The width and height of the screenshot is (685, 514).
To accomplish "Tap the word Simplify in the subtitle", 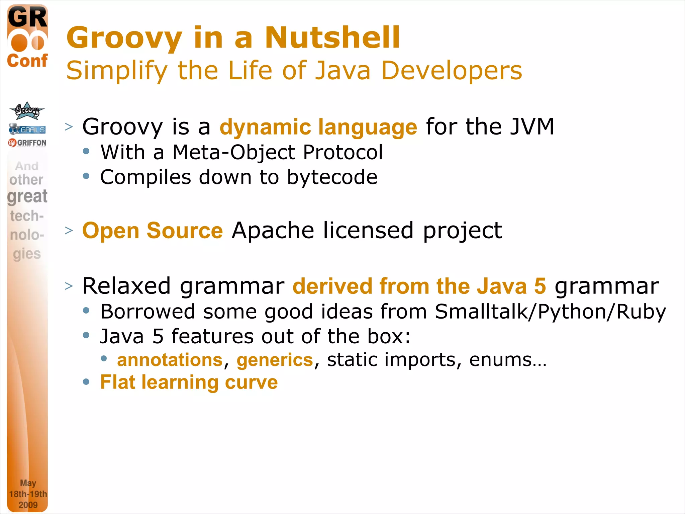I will click(x=116, y=71).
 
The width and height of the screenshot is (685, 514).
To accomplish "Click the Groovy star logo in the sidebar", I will click(x=27, y=111).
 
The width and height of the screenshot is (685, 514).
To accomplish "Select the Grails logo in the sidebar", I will click(x=27, y=129).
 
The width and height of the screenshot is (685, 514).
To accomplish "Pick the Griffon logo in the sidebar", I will click(x=27, y=143).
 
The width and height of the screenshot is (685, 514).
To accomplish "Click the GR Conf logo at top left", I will click(x=27, y=37).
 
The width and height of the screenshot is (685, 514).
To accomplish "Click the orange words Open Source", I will click(x=153, y=231).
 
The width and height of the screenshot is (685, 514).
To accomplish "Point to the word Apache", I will click(x=273, y=231).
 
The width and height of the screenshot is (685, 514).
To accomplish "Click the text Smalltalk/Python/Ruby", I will click(x=550, y=312).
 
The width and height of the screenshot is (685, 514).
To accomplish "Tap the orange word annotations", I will click(x=170, y=360).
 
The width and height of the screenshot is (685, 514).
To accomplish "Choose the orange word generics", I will click(x=275, y=360).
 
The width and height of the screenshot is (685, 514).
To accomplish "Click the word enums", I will click(x=507, y=360).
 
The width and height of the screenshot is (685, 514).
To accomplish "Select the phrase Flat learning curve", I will click(x=189, y=382).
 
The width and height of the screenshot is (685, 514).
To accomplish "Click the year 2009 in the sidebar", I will click(x=28, y=505).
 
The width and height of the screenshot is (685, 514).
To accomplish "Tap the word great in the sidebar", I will click(x=27, y=196).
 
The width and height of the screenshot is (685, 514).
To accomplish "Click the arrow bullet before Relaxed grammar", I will click(x=69, y=286).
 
